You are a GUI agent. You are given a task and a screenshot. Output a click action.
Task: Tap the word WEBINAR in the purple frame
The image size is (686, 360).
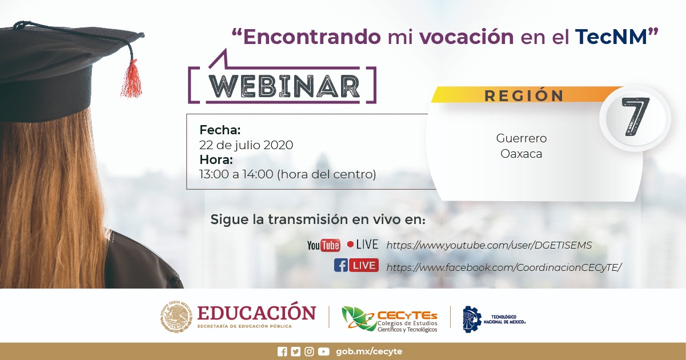pos(284,86)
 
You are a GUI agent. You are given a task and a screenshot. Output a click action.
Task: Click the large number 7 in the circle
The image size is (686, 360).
pos(635,117)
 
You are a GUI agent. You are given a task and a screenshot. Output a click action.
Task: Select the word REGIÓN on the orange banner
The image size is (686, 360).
pos(524,95)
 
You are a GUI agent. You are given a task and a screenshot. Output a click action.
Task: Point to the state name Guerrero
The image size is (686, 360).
pos(521,138)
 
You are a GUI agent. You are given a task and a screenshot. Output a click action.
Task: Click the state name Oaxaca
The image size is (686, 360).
pos(521,154)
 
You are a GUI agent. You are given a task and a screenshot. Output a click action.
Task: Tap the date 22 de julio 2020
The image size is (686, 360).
pos(246,145)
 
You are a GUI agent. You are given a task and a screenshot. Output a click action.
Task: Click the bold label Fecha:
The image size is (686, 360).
pos(220,130)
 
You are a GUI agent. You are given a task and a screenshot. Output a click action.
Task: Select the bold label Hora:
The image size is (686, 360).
pos(216,159)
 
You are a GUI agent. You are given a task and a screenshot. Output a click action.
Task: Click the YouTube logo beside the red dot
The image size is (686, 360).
pos(323,245)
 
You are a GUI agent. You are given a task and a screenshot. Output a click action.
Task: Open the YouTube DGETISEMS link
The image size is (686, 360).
pos(489,245)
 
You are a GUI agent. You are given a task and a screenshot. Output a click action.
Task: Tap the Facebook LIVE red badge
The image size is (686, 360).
pos(364,265)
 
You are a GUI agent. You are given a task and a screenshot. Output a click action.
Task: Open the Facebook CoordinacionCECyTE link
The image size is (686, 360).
pos(504,267)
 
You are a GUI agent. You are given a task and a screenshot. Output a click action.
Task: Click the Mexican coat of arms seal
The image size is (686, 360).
pos(176,317)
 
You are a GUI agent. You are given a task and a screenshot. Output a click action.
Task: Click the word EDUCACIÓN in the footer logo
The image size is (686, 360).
pos(256,313)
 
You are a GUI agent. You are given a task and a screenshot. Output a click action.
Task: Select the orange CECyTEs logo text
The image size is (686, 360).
pos(407,315)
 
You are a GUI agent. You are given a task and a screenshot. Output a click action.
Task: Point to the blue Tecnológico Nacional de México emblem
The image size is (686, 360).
pos(472,319)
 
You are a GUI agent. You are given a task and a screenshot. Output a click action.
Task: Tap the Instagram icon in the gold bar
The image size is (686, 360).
pos(309,351)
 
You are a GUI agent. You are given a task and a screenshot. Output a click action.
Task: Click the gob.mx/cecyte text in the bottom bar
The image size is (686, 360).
pos(369,351)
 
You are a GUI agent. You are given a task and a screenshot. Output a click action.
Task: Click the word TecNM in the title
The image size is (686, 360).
pos(611,37)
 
